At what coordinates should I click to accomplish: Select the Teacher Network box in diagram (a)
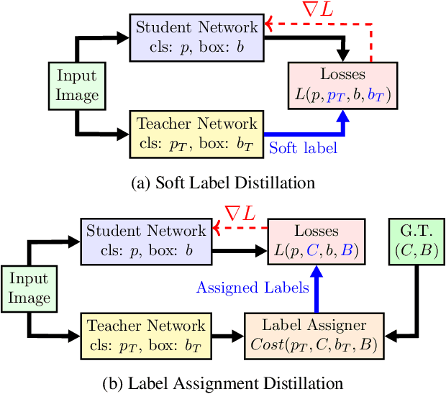(x=196, y=133)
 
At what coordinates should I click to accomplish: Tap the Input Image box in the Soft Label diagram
(x=76, y=86)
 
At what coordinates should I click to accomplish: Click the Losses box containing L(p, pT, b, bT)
(x=342, y=85)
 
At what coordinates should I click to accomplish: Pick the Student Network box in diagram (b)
(x=146, y=240)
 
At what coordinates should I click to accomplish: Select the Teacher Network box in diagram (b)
(x=146, y=336)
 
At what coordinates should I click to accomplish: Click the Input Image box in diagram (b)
(x=29, y=288)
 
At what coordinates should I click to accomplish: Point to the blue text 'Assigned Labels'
(x=253, y=288)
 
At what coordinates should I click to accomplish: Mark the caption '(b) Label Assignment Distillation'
(x=222, y=382)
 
